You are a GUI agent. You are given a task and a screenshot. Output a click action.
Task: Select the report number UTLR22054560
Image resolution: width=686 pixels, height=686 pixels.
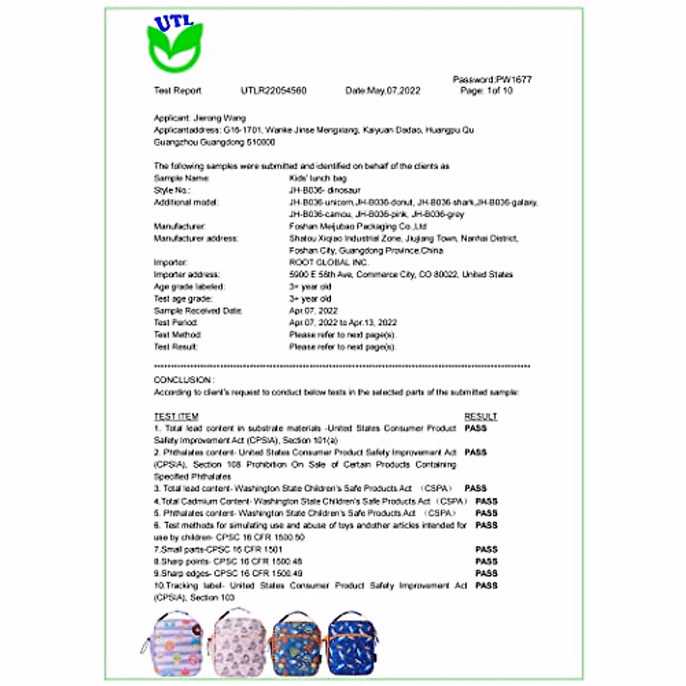tap(273, 90)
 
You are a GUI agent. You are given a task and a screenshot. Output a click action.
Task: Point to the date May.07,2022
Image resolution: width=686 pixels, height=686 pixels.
tap(383, 90)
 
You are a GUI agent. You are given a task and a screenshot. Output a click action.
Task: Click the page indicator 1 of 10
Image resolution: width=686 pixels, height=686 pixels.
tap(486, 90)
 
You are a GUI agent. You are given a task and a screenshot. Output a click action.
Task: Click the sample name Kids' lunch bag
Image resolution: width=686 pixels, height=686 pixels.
tap(318, 178)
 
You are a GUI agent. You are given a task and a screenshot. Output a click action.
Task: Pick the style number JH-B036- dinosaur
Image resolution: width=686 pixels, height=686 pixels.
tap(325, 190)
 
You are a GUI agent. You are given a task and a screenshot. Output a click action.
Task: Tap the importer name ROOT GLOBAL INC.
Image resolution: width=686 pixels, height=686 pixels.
tap(329, 262)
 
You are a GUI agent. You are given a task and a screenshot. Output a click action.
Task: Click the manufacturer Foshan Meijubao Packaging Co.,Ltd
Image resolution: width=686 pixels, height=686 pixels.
tap(358, 226)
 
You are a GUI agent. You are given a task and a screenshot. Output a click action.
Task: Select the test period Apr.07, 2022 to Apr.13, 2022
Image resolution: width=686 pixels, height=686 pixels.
tap(343, 322)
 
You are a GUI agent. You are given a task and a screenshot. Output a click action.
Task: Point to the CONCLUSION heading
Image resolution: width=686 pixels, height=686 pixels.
tap(184, 380)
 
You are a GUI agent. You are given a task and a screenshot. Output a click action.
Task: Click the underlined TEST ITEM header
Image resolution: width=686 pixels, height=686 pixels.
tap(176, 417)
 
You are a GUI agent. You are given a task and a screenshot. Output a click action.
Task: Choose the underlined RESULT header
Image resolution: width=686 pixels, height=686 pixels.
tap(481, 417)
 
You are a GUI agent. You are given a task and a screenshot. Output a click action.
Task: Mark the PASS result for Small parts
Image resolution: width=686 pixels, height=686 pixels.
tap(486, 549)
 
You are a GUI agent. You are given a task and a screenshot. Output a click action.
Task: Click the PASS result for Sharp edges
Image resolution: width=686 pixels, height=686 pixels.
tap(486, 573)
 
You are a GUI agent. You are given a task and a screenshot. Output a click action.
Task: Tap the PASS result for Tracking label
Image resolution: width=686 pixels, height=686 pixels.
tap(486, 585)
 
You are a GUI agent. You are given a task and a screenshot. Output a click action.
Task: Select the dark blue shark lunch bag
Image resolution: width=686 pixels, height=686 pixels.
tap(353, 644)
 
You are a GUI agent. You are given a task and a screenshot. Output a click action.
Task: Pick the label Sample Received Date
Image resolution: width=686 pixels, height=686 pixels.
tap(198, 310)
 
